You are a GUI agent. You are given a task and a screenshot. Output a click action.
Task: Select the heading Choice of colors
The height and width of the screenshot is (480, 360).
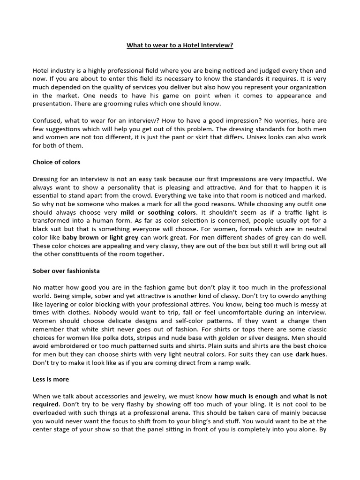click(x=56, y=162)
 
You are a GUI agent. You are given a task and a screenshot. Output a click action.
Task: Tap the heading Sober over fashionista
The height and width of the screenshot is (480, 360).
click(x=66, y=271)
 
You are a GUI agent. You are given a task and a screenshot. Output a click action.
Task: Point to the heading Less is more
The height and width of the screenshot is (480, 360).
click(x=51, y=380)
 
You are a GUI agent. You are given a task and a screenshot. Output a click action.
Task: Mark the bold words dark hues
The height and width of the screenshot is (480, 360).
click(x=311, y=354)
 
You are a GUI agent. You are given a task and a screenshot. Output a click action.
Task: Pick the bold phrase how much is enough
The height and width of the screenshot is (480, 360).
click(x=246, y=396)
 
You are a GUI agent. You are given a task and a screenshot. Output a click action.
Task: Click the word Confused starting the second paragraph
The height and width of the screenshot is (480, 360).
click(x=47, y=120)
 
